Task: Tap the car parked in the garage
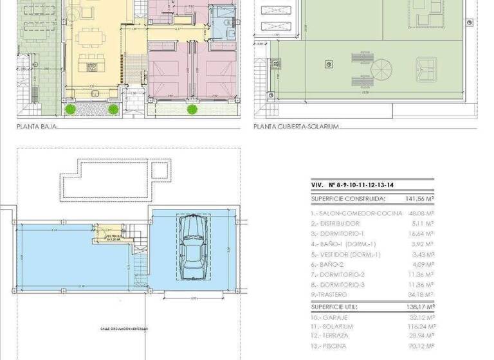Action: coord(192,248)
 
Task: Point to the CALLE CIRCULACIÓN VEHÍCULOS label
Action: coord(123,328)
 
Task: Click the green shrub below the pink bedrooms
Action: coord(192,109)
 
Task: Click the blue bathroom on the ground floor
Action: coord(223,24)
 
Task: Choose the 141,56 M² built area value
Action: coord(419,199)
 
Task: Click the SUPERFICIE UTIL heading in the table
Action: coord(335,307)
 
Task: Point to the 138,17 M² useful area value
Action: coord(419,307)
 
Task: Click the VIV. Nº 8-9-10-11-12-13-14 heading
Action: coord(352,185)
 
